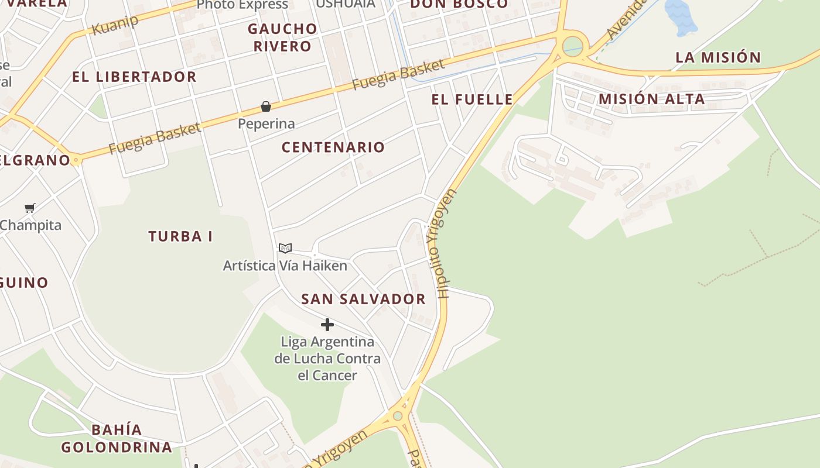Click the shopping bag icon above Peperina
tap(266, 106)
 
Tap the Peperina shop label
tap(266, 124)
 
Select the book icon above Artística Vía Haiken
tap(285, 249)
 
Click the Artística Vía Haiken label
tap(285, 266)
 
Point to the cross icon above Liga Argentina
tap(327, 325)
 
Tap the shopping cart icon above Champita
tap(30, 208)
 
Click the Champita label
tap(30, 225)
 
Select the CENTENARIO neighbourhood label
tap(333, 147)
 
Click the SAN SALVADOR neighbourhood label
tap(363, 300)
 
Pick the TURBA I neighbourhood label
tap(180, 237)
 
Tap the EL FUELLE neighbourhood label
tap(472, 99)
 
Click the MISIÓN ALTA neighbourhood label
tap(651, 99)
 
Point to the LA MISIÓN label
tap(718, 57)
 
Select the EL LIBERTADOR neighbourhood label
tap(134, 77)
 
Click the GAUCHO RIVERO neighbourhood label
tap(282, 37)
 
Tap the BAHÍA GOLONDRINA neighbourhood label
tap(117, 439)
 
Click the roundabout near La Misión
tap(573, 45)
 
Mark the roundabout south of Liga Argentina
tap(398, 416)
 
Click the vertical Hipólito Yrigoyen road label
tap(440, 243)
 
